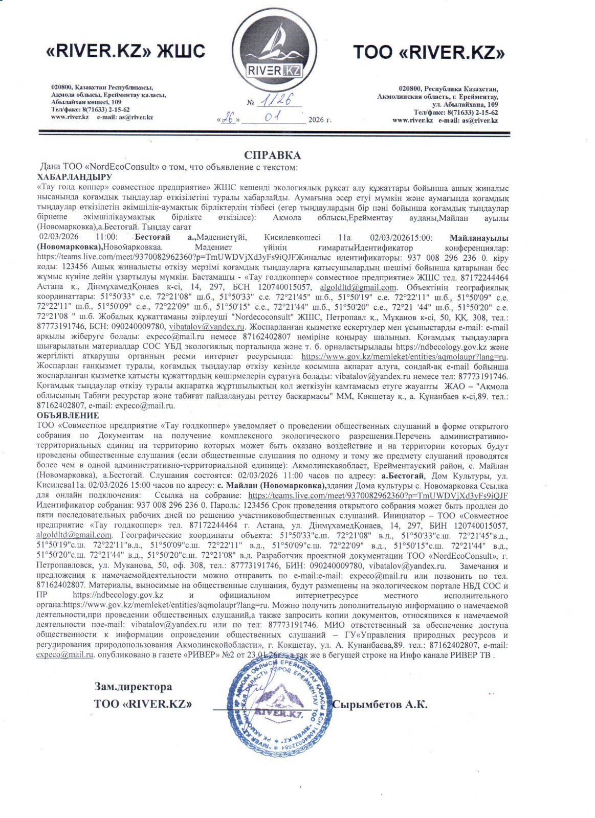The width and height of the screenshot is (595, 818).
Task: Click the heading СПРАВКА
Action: click(272, 155)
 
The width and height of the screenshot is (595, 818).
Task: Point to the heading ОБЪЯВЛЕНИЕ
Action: click(68, 416)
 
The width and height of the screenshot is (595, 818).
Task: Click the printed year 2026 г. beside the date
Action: click(320, 120)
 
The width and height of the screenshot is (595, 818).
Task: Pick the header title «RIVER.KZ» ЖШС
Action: click(125, 51)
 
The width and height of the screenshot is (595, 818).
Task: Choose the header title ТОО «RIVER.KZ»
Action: click(429, 52)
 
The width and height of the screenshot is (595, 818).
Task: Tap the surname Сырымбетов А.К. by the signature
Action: click(380, 705)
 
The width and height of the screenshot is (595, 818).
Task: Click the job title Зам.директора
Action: click(133, 687)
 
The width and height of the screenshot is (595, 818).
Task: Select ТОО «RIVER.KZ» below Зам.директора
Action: click(143, 704)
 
